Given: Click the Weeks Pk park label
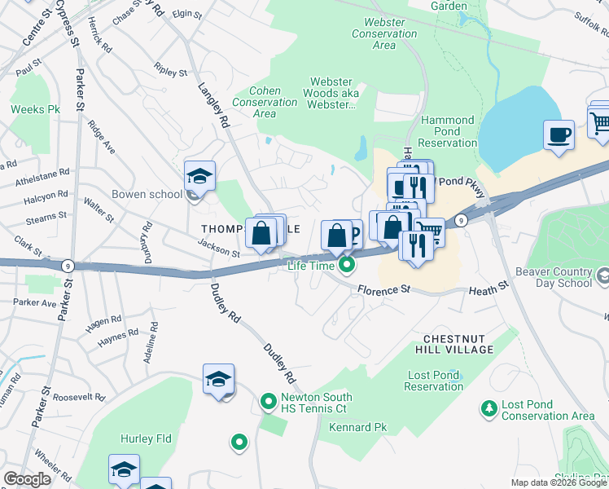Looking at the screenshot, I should [36, 109].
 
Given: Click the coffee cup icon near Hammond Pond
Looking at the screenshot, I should [559, 134].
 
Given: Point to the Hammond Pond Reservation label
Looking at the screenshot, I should [448, 131].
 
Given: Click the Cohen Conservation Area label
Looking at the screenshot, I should [265, 103].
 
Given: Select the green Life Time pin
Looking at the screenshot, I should [347, 264].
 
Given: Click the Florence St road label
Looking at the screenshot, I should [383, 289].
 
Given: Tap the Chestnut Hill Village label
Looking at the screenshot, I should [458, 343].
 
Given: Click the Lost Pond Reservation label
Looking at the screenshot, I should [434, 381].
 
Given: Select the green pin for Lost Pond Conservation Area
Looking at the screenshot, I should [489, 407].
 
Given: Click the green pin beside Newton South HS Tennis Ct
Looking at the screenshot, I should [268, 401].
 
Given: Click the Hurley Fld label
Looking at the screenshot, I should [146, 438].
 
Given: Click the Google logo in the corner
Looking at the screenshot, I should [28, 479].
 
